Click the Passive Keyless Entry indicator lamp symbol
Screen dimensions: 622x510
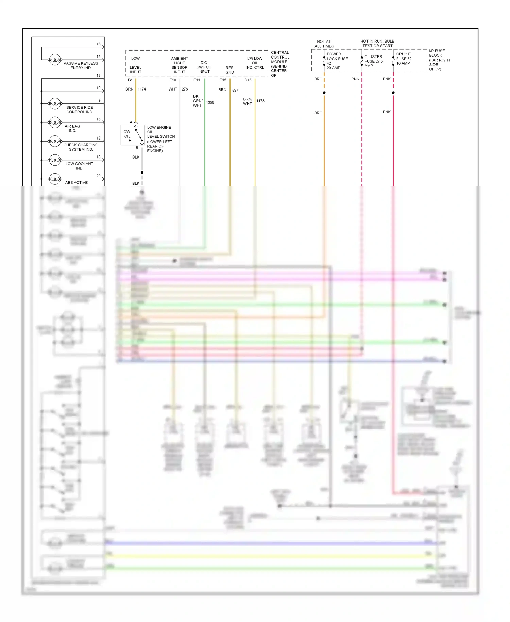(x=55, y=60)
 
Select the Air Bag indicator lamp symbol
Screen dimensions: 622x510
(x=55, y=122)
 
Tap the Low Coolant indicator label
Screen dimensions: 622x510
(x=79, y=166)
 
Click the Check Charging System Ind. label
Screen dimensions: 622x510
(x=81, y=147)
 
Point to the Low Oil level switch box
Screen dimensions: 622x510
(x=133, y=135)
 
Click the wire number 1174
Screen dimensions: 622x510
(x=142, y=89)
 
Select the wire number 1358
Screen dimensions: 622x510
(x=210, y=102)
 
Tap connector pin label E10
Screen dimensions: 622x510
(x=173, y=80)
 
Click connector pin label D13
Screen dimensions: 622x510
(x=248, y=80)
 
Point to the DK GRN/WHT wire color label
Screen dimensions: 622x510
(x=198, y=101)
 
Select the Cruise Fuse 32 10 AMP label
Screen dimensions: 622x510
(x=404, y=59)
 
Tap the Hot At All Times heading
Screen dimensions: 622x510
(x=324, y=44)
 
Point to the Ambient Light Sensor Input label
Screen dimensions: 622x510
(x=180, y=65)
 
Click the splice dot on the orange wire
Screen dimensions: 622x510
(x=324, y=93)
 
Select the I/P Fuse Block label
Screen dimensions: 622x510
(x=439, y=60)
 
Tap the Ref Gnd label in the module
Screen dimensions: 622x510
(x=230, y=70)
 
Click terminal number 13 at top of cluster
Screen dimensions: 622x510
(x=98, y=44)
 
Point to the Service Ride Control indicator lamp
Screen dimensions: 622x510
(x=55, y=103)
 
